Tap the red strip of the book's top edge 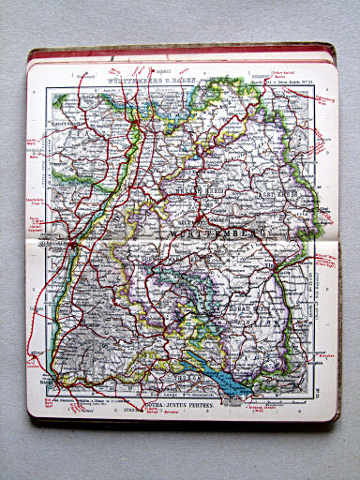178,52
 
